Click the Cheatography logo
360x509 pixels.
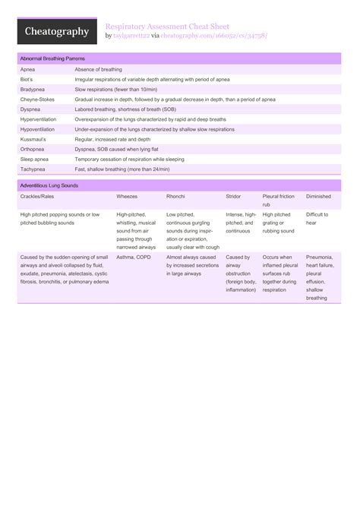tap(57, 31)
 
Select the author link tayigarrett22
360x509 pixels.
tap(131, 35)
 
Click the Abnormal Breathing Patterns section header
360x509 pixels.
tap(52, 58)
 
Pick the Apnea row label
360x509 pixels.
tap(27, 69)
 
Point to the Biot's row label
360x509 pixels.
tap(27, 79)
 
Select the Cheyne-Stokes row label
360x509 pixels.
tap(36, 100)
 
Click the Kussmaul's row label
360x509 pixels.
tap(33, 140)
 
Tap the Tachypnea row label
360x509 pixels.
tap(33, 169)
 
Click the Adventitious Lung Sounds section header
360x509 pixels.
tap(49, 185)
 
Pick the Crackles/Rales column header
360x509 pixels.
tap(37, 196)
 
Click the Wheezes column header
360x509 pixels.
tap(127, 196)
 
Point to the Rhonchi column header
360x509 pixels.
tap(175, 196)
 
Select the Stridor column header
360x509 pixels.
tap(233, 196)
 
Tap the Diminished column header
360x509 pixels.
tap(318, 196)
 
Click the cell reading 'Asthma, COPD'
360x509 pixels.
tap(134, 258)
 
